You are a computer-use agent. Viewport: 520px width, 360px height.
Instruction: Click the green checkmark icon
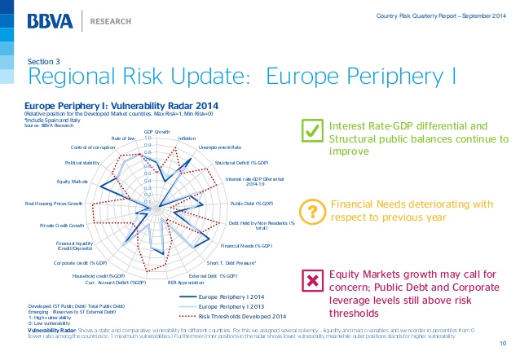pos(310,130)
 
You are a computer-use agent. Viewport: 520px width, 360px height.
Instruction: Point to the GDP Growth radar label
pos(156,131)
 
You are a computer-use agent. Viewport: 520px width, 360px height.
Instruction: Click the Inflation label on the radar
pos(187,138)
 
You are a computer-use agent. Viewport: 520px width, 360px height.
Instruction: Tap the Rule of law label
pos(123,138)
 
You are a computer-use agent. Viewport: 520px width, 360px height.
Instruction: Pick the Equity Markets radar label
pos(73,181)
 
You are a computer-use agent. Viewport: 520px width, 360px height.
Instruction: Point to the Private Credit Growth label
pos(63,224)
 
